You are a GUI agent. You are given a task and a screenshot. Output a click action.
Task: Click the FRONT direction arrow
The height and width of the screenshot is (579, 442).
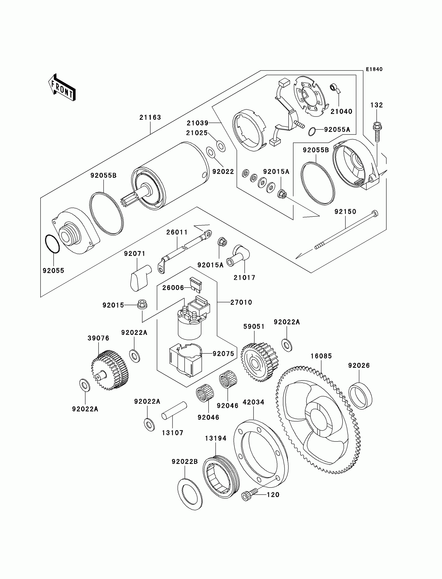pos(62,88)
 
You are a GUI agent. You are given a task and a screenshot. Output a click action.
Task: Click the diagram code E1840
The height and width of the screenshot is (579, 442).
pos(374,69)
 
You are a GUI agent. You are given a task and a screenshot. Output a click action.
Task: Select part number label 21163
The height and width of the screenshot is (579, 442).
pos(150,117)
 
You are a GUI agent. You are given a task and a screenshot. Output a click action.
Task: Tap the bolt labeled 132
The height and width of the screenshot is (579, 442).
pos(377,132)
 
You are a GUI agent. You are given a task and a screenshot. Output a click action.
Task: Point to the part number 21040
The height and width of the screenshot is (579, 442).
pos(341,111)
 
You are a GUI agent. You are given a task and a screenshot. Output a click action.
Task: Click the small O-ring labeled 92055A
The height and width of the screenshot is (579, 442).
pos(312,131)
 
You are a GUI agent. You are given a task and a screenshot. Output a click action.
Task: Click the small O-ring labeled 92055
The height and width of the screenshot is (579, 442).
pos(52,244)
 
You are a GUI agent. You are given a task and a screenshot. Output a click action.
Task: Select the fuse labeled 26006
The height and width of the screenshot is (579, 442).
pos(196,285)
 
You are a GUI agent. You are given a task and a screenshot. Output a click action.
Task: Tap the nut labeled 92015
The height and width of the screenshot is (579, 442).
pos(142,304)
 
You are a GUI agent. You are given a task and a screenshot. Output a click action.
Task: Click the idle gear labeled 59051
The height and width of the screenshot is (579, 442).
pos(259,362)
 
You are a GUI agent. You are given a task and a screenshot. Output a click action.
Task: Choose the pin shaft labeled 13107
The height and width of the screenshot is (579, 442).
pos(174,410)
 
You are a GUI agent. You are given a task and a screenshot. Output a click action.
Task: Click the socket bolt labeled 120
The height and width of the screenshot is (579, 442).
pos(249,495)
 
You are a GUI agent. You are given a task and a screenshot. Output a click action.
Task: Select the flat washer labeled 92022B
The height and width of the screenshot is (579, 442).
pos(190,494)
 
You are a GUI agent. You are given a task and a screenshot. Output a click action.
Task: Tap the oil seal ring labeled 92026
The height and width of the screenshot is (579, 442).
pos(360,396)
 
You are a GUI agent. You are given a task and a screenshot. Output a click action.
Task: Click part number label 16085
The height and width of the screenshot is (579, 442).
pos(321,356)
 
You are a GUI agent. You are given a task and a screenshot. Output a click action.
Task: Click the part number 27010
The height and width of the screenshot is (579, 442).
pos(241,302)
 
